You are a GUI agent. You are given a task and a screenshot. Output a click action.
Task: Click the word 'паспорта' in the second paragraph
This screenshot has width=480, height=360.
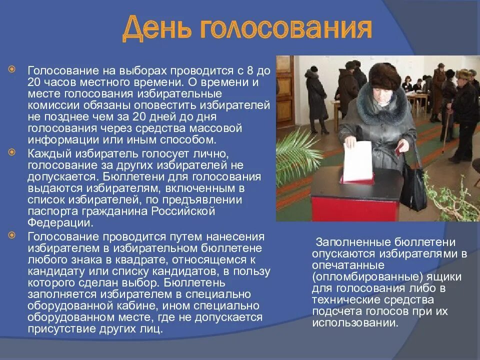[x=50, y=211]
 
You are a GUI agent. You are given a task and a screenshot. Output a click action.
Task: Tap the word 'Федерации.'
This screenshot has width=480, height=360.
[x=60, y=223]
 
